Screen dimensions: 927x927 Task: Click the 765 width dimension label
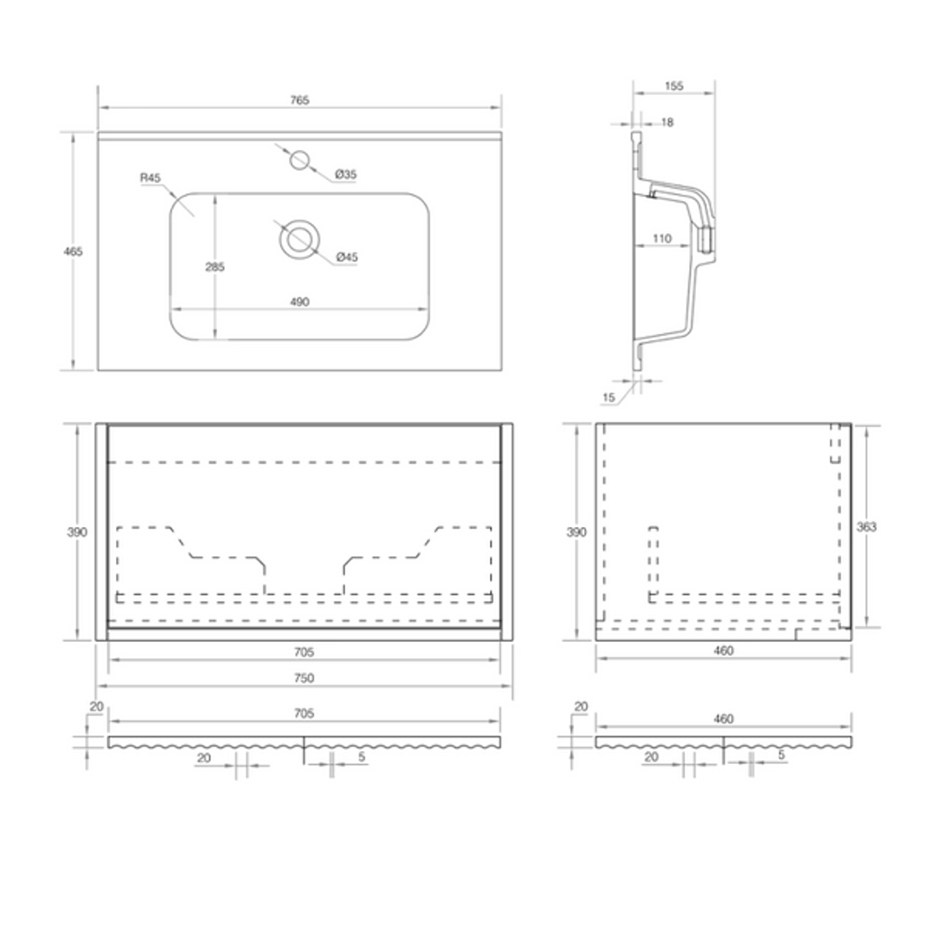click(x=300, y=100)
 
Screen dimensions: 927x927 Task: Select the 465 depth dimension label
click(x=73, y=251)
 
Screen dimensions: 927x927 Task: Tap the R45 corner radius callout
click(x=150, y=178)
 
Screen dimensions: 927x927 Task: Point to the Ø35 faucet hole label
click(x=346, y=173)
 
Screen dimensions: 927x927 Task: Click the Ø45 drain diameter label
click(x=347, y=257)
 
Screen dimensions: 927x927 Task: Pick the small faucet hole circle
click(x=300, y=160)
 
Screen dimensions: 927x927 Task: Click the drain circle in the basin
click(x=300, y=239)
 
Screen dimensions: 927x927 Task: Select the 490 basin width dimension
click(x=300, y=301)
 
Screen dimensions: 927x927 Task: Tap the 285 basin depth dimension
click(x=215, y=267)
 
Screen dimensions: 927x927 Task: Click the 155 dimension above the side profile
click(x=674, y=86)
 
